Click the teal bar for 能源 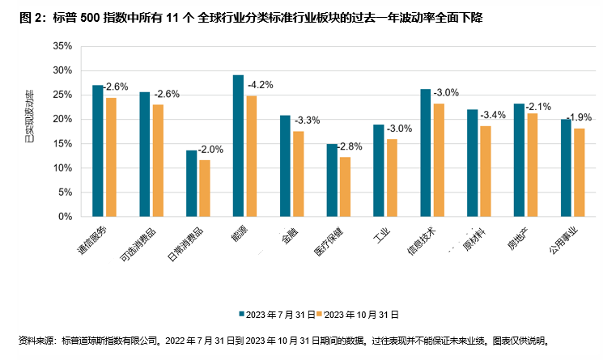pyautogui.click(x=238, y=146)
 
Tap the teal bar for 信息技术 pyautogui.click(x=426, y=153)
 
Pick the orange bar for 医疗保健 pyautogui.click(x=345, y=187)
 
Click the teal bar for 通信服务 pyautogui.click(x=98, y=150)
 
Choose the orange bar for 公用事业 pyautogui.click(x=579, y=172)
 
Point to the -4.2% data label pyautogui.click(x=261, y=83)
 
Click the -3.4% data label pyautogui.click(x=495, y=115)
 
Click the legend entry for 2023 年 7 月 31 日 pyautogui.click(x=273, y=313)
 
